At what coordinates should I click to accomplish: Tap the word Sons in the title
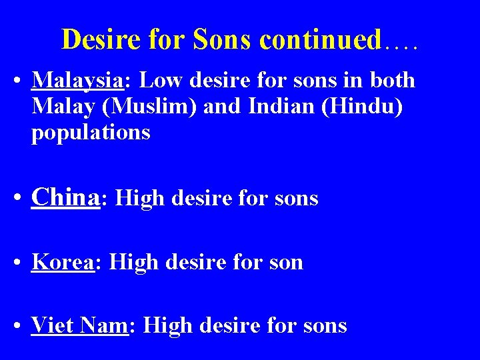pos(222,40)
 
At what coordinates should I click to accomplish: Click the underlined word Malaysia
pos(78,81)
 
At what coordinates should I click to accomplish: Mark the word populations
pos(91,133)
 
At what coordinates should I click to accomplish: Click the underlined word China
pos(65,197)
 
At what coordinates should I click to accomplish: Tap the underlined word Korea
pos(63,262)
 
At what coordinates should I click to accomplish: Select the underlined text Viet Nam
pos(79,325)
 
